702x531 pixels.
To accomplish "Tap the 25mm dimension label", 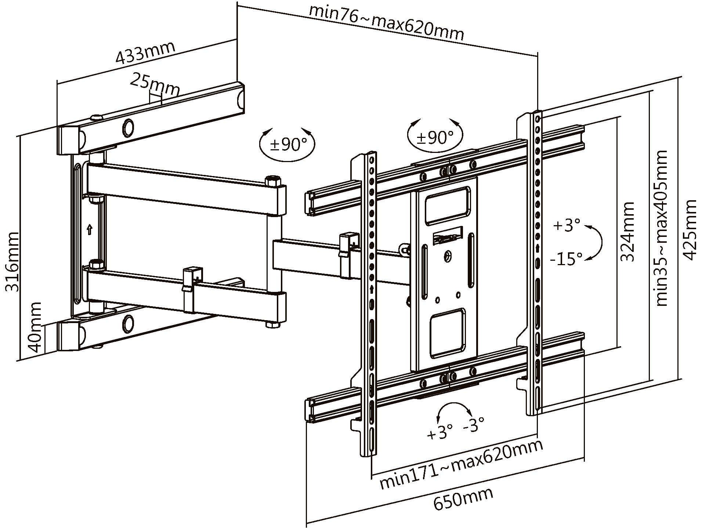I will click(155, 86).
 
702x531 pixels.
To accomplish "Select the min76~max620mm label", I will click(386, 22).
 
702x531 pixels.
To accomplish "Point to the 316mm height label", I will click(12, 261).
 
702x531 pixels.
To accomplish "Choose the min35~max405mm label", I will click(661, 228).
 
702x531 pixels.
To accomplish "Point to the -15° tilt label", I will click(566, 259).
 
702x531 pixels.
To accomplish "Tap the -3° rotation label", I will click(474, 426).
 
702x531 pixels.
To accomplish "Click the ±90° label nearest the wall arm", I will click(288, 144).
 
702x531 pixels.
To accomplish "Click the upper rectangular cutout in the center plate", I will click(447, 205).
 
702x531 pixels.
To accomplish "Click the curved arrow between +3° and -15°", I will click(597, 242).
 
